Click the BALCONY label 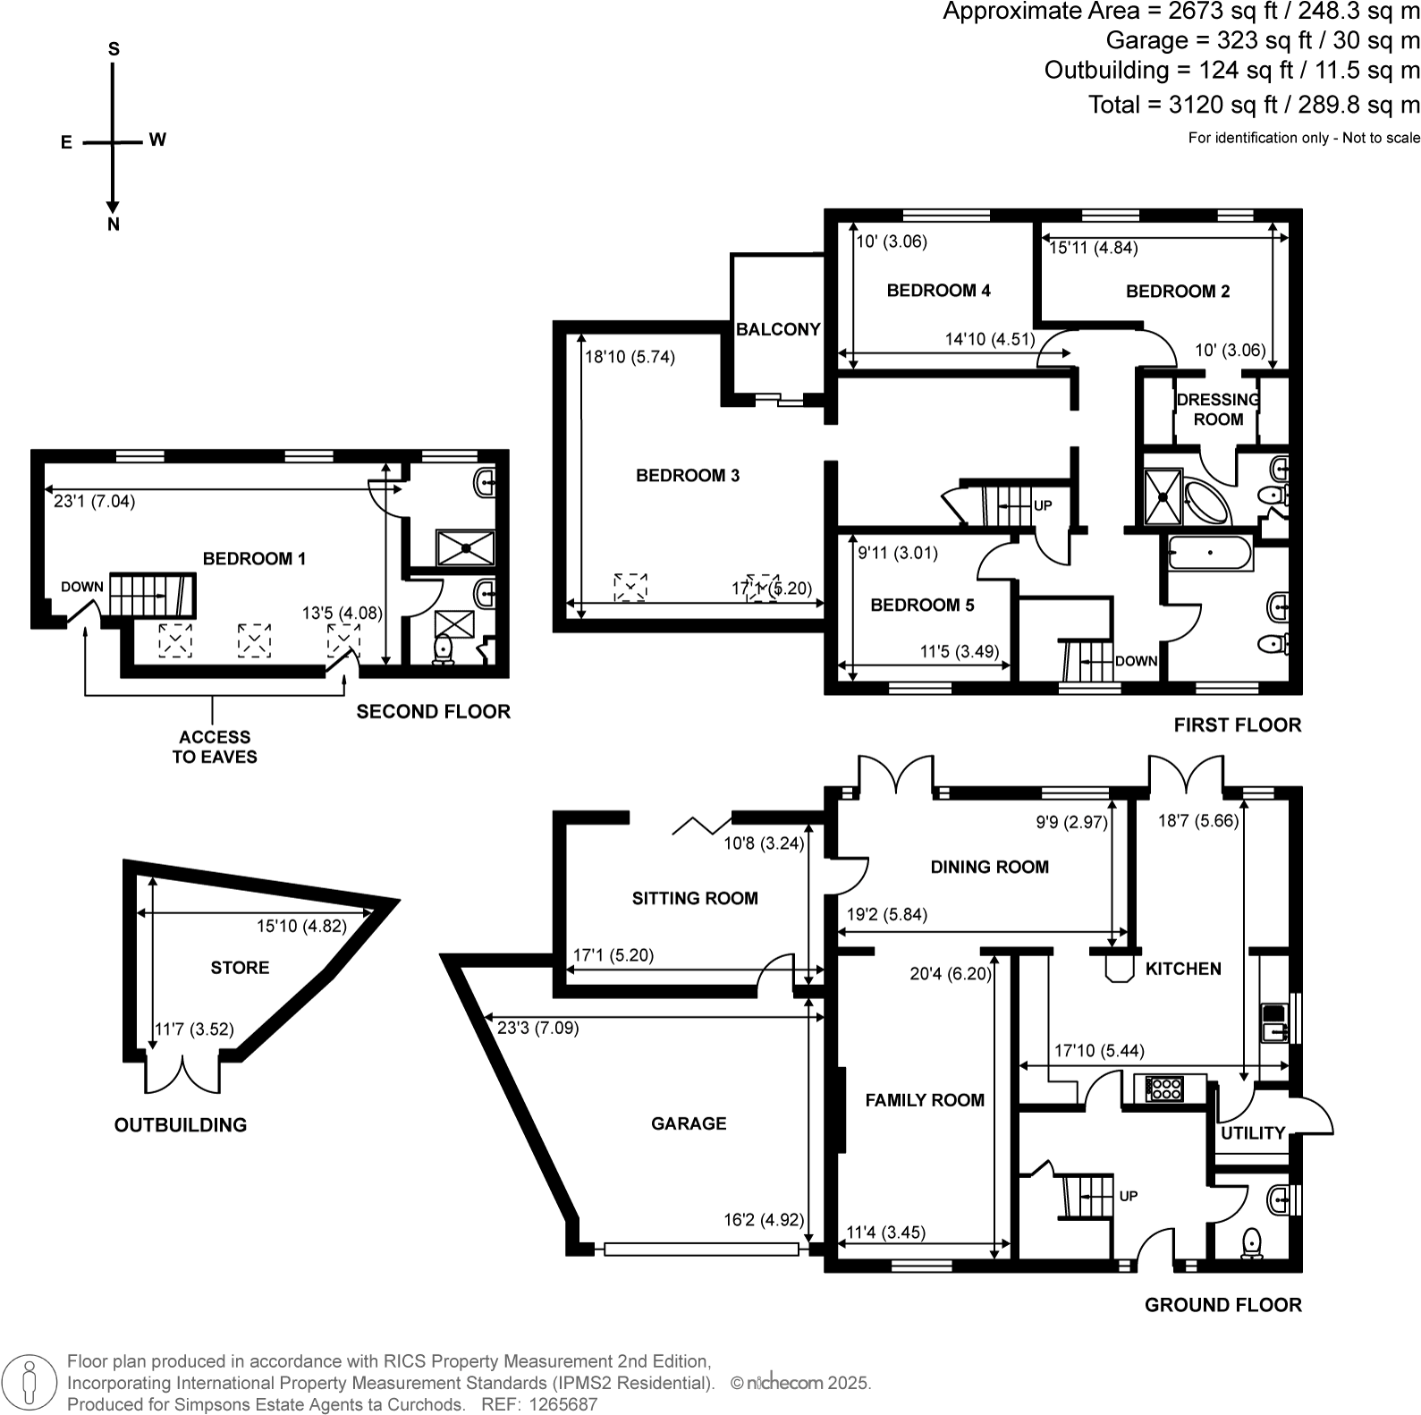click(x=778, y=329)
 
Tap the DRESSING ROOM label click(x=1218, y=410)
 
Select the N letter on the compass click(x=114, y=225)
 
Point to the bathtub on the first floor click(x=1209, y=553)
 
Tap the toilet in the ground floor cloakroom click(x=1252, y=1242)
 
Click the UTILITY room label click(x=1252, y=1133)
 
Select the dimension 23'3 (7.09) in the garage click(x=537, y=1029)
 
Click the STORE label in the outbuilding click(x=240, y=968)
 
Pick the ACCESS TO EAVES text click(x=214, y=747)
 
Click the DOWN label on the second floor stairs click(x=82, y=587)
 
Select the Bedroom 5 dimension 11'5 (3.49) click(x=960, y=652)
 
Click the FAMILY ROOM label click(x=925, y=1100)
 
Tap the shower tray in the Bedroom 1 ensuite click(x=465, y=547)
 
